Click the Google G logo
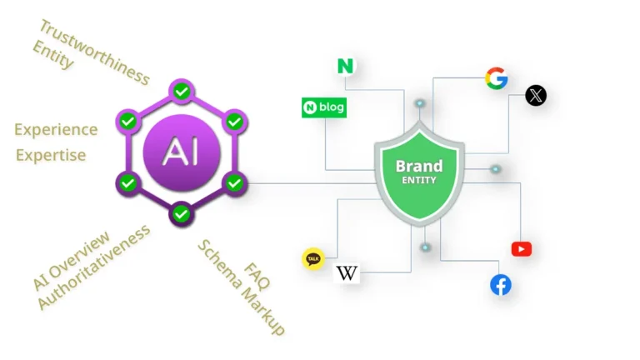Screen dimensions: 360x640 click(497, 79)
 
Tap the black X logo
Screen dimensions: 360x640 click(537, 96)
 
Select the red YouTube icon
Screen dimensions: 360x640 click(522, 249)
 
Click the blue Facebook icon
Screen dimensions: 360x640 click(501, 285)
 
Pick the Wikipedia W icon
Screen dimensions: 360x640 click(347, 272)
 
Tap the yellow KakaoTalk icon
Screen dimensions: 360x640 click(313, 259)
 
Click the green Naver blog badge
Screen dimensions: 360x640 click(323, 107)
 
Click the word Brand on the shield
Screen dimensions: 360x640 click(419, 166)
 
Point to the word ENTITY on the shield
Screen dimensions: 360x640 click(419, 180)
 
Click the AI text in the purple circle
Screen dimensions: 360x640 click(182, 152)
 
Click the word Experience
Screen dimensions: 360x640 click(56, 129)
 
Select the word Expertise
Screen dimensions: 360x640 click(51, 155)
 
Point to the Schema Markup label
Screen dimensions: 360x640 click(241, 288)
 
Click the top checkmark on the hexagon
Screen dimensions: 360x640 click(182, 89)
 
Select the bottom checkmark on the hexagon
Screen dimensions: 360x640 click(182, 214)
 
